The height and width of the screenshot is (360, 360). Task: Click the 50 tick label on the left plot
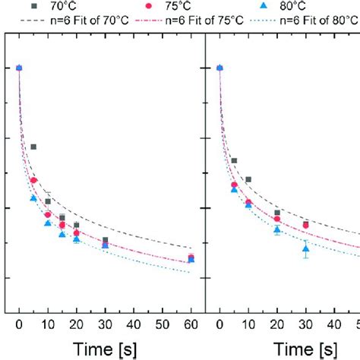[x=162, y=324]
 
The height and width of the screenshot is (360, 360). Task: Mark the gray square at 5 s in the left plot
[x=33, y=147]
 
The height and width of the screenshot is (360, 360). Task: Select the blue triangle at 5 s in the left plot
[x=33, y=198]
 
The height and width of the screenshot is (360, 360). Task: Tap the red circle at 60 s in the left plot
[x=191, y=257]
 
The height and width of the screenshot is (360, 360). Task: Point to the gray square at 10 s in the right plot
[x=248, y=179]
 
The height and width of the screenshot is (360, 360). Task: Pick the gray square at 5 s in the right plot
[x=234, y=160]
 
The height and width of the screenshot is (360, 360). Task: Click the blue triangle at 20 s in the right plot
[x=277, y=229]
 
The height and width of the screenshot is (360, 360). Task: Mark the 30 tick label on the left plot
[x=105, y=324]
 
